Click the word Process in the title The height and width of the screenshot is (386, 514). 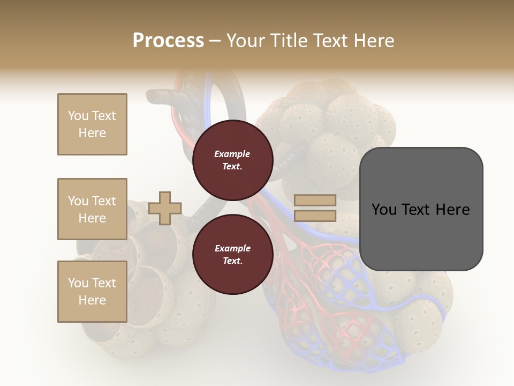point(168,41)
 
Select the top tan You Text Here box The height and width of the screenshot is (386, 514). point(92,124)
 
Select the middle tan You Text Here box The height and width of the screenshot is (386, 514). point(92,209)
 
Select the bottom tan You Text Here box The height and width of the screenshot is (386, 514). point(92,292)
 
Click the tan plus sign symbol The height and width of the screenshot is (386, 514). point(165,208)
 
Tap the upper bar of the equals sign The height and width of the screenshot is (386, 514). point(315,201)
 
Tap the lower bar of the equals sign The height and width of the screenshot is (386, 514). point(315,216)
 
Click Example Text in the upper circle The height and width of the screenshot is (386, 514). point(232,160)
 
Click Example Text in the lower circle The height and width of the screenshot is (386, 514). point(232,255)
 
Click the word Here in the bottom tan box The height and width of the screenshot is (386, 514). point(92,300)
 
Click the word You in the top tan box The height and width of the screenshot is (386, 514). point(78,116)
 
